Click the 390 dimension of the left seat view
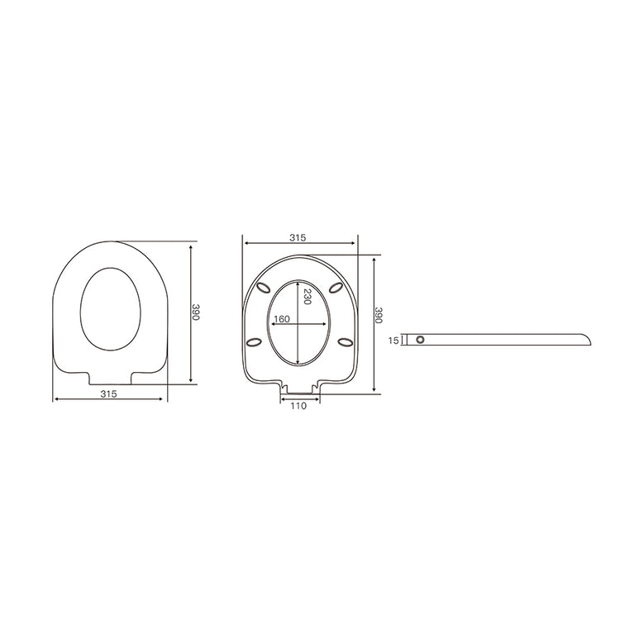click(196, 312)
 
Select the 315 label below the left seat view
click(108, 394)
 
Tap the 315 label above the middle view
click(298, 237)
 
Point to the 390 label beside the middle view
click(379, 314)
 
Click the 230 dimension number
click(307, 298)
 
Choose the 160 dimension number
click(282, 320)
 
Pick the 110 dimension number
click(298, 406)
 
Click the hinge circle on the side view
click(421, 340)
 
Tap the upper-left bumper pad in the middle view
click(265, 287)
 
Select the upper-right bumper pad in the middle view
click(336, 287)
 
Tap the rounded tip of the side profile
click(589, 339)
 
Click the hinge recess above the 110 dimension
click(299, 388)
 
